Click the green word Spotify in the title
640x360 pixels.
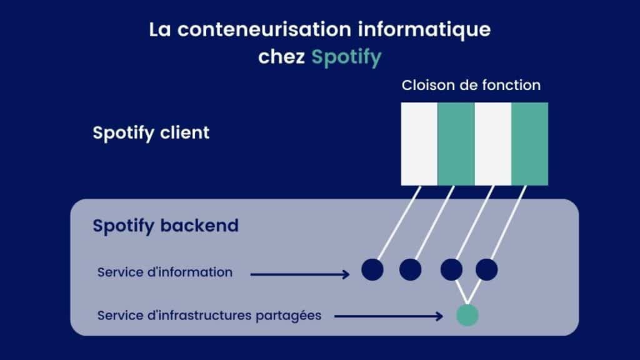point(346,57)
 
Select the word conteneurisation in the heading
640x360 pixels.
point(264,29)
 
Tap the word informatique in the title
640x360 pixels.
point(424,30)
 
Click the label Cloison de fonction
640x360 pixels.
point(471,85)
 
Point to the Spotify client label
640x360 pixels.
point(151,132)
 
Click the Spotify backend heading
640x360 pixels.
point(166,226)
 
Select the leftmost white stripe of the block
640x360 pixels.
point(419,144)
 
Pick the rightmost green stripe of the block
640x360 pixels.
point(530,144)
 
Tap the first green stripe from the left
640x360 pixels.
point(456,144)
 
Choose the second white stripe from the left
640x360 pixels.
point(492,144)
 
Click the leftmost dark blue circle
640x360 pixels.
point(372,269)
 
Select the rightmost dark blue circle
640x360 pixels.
point(486,269)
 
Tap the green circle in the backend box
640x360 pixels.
point(467,315)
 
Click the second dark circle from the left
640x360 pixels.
point(410,269)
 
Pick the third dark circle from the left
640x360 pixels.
point(451,269)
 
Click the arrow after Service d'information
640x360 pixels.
point(300,274)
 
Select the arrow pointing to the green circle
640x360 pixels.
point(389,316)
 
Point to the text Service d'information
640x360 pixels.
point(165,272)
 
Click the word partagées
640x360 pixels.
point(289,316)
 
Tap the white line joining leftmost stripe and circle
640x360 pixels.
point(399,222)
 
